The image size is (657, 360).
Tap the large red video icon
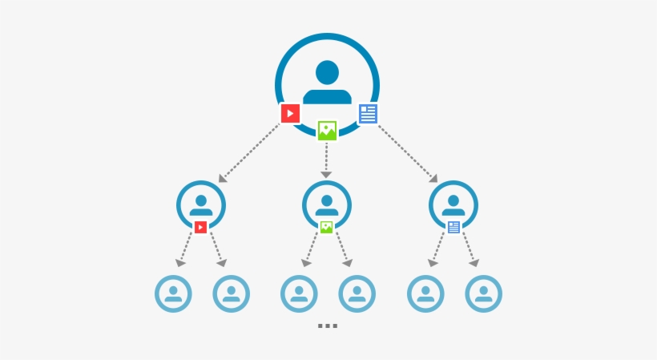coord(290,113)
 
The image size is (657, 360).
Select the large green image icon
coord(327,131)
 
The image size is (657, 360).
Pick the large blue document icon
coord(368,113)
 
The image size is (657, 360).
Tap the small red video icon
coord(200,227)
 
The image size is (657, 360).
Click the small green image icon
coord(326,227)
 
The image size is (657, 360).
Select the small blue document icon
coord(453,227)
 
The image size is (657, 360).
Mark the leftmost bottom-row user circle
coord(173,293)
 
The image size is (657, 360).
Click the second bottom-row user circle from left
coord(231,293)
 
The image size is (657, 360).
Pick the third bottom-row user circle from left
coord(299,293)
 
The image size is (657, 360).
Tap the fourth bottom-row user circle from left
coord(357,293)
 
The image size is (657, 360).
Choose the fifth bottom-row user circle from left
coord(425,293)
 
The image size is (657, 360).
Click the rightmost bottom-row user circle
coord(483,293)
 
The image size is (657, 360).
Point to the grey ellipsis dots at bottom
coord(327,326)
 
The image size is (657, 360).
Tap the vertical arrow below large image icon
coord(326,160)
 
